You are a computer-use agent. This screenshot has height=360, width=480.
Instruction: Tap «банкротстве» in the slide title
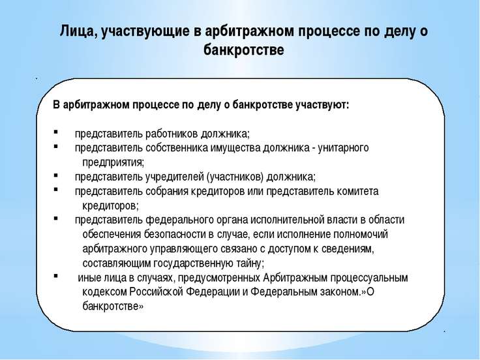(244, 50)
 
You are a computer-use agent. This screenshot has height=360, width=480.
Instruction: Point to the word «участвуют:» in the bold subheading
(322, 105)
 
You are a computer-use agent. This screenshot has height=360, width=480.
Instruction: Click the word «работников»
(172, 134)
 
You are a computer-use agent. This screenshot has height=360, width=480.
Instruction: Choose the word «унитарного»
(343, 149)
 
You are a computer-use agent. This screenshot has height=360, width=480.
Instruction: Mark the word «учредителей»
(175, 177)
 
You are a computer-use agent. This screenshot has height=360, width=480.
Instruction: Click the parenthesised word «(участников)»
(235, 177)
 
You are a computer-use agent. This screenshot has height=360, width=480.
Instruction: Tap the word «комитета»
(357, 191)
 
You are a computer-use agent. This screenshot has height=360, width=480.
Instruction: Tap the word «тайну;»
(248, 263)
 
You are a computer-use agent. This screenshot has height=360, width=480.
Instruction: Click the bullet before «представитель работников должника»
(55, 132)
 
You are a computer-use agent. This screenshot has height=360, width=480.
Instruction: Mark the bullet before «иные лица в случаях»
(55, 276)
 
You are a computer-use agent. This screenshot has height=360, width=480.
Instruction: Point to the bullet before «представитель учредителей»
(55, 175)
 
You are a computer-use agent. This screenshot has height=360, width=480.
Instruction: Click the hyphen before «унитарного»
(314, 149)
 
